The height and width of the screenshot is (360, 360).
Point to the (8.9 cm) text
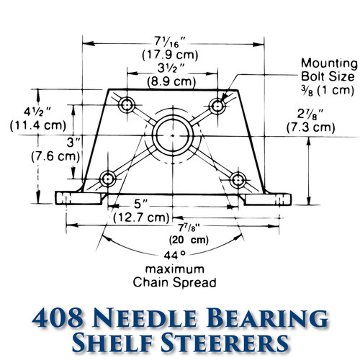[172, 81]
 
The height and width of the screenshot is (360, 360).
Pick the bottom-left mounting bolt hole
[108, 176]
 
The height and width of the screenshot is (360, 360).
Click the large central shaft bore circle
[173, 132]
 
